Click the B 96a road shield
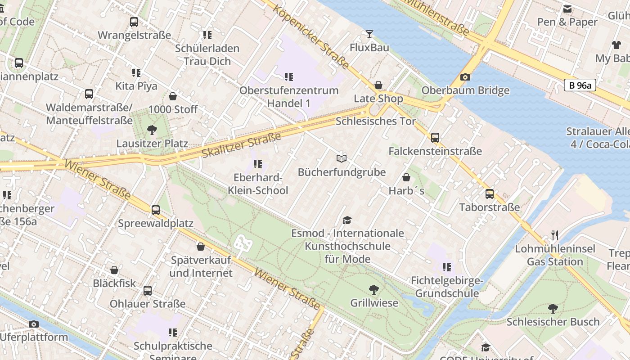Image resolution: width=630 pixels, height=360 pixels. [x=580, y=85]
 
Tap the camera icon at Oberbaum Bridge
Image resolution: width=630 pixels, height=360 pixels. [x=465, y=77]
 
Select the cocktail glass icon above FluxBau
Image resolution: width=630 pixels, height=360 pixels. [x=369, y=34]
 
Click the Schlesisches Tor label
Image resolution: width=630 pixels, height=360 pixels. [x=376, y=121]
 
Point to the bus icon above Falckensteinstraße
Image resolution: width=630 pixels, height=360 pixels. [x=435, y=138]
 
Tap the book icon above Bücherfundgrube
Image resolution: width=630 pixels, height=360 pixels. [x=342, y=158]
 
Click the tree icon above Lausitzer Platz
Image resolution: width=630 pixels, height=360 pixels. [x=152, y=130]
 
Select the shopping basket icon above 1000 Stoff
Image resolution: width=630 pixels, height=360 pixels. [x=173, y=96]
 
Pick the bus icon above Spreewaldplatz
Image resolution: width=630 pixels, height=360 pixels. [x=156, y=210]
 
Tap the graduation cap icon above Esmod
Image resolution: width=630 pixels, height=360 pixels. [x=347, y=220]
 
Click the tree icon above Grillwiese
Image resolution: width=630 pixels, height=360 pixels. [x=374, y=289]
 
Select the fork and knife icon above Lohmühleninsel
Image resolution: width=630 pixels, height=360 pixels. [x=555, y=235]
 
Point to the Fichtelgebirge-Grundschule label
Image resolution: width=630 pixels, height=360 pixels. [x=447, y=287]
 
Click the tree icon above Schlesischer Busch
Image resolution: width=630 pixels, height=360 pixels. [x=553, y=309]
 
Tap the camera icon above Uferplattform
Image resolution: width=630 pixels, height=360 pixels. [x=33, y=324]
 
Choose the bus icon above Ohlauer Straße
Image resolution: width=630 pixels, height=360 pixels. [x=148, y=291]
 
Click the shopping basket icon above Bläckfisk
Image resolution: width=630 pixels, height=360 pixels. [x=114, y=270]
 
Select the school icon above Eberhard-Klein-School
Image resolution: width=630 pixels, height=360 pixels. [x=257, y=164]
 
